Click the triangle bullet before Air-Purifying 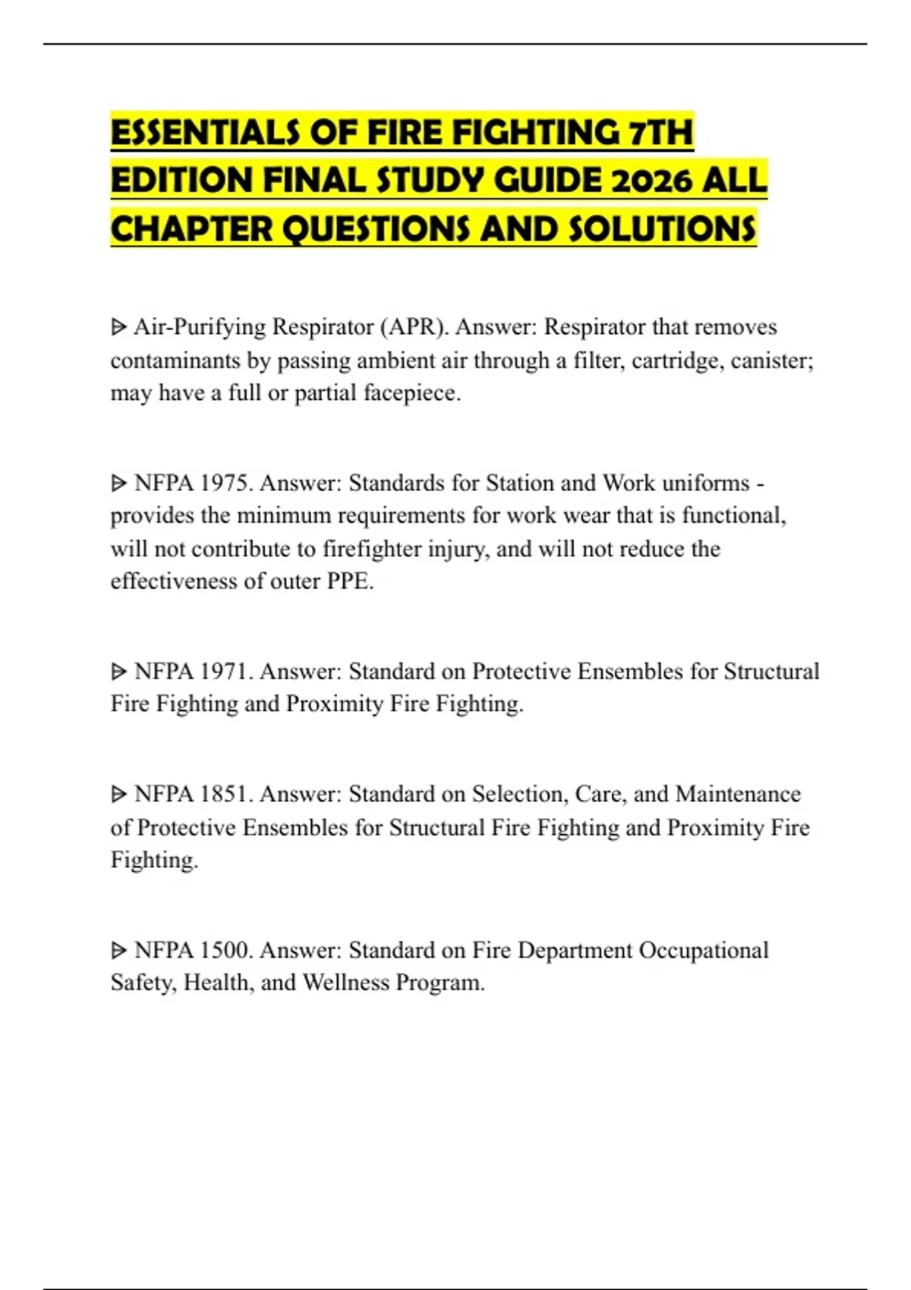pos(118,328)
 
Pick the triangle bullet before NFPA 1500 pos(118,951)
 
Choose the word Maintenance pos(738,794)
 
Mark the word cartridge pos(677,360)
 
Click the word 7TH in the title pos(660,133)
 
